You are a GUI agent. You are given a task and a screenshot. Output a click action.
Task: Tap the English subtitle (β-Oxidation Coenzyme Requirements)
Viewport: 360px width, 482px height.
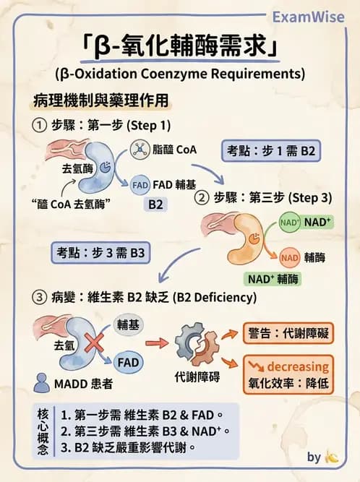click(179, 73)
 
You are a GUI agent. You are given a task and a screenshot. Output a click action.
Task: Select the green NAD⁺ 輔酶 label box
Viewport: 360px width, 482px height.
click(275, 278)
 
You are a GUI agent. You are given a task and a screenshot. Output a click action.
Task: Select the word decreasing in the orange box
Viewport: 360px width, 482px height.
click(295, 366)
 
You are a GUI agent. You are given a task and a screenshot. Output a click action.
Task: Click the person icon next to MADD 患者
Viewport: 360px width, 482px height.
click(42, 381)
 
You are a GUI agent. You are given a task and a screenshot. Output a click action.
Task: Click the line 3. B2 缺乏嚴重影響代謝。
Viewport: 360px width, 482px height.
click(129, 447)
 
